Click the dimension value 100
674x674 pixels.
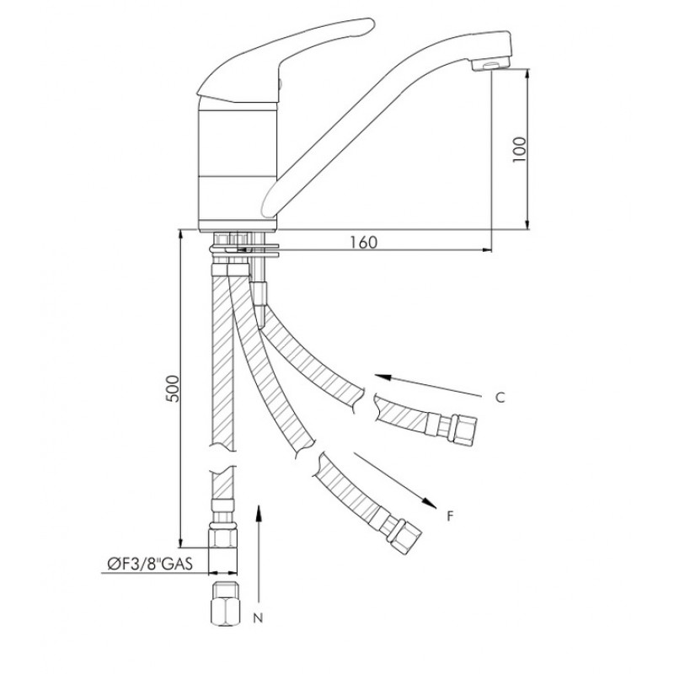point(519,149)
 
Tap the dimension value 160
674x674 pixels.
point(363,243)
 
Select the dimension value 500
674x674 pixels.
point(173,388)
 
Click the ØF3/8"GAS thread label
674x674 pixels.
point(150,564)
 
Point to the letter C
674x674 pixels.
point(500,398)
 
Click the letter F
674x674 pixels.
point(450,516)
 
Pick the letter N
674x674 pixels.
point(258,618)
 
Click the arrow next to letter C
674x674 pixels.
point(428,386)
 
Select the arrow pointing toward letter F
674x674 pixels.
point(395,480)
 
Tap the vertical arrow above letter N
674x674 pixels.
point(259,554)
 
